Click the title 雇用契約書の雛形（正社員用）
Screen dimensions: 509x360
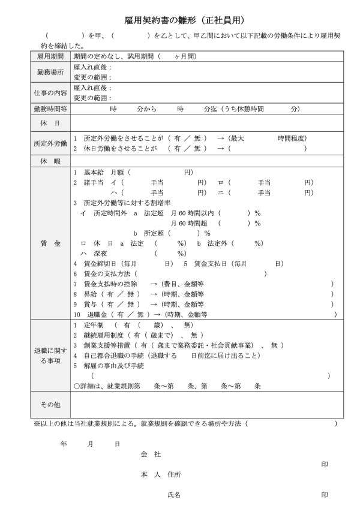tap(180, 21)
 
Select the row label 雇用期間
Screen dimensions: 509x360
tap(50, 56)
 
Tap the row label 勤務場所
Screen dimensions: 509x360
tap(50, 72)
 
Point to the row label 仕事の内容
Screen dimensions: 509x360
tap(50, 92)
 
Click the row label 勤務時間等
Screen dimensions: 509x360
tap(50, 109)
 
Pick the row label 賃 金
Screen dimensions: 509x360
tap(50, 244)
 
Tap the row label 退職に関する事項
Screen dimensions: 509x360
tap(50, 355)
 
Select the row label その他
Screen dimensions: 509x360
tap(50, 405)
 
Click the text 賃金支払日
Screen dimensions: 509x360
tap(212, 263)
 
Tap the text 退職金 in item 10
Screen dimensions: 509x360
tap(98, 314)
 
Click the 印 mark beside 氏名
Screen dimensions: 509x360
tap(325, 495)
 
